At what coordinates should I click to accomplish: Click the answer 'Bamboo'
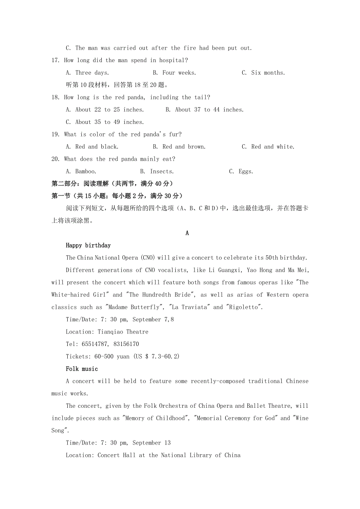click(85, 171)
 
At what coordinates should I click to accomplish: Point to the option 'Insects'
click(162, 171)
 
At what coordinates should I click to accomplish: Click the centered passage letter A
click(187, 233)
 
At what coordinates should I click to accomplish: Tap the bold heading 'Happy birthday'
click(88, 246)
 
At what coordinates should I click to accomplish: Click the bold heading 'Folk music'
click(82, 369)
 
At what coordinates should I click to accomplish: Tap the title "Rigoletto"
click(244, 307)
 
